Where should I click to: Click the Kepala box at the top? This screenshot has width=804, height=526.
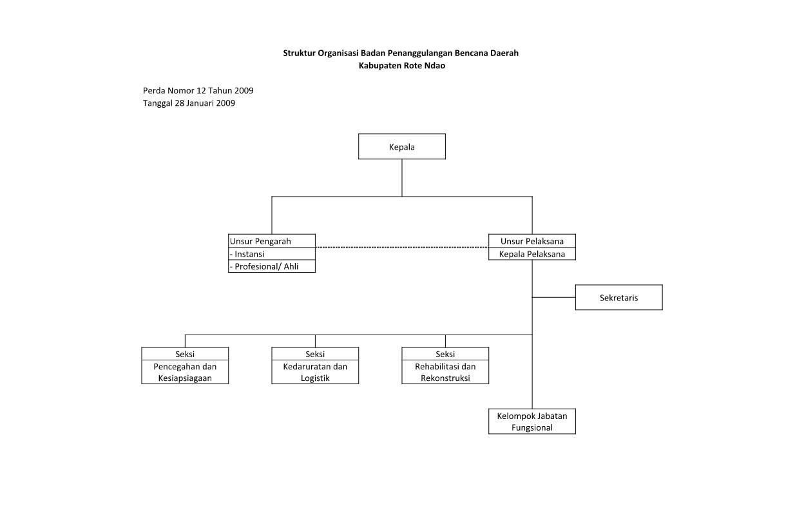401,146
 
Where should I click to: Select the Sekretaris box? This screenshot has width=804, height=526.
619,297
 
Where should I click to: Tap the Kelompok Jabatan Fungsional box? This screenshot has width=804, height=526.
532,421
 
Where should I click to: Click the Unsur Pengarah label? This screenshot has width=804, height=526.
260,241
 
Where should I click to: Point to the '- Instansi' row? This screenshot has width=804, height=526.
272,254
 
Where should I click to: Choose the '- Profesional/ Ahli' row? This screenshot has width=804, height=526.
272,266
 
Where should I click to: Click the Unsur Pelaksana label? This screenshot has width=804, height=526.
532,241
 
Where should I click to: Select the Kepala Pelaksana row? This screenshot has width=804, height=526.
532,254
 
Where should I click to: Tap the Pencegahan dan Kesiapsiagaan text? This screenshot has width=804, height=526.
185,372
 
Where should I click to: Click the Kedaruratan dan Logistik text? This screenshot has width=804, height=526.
315,372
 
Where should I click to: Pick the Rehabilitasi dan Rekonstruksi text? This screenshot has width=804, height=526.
445,372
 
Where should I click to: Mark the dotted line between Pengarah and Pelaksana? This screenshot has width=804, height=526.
402,247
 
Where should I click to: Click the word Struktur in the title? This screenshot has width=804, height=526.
300,53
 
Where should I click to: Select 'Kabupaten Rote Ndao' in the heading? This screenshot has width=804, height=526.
401,66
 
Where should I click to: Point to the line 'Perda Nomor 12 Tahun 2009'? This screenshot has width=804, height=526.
198,90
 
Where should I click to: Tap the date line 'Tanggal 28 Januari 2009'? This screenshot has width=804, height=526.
189,103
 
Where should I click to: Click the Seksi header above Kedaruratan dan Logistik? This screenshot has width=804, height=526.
315,354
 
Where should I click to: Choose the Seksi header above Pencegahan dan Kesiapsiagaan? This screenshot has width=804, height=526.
185,354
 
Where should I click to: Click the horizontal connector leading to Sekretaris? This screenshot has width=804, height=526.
554,297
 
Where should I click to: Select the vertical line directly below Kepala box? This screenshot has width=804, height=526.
401,178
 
